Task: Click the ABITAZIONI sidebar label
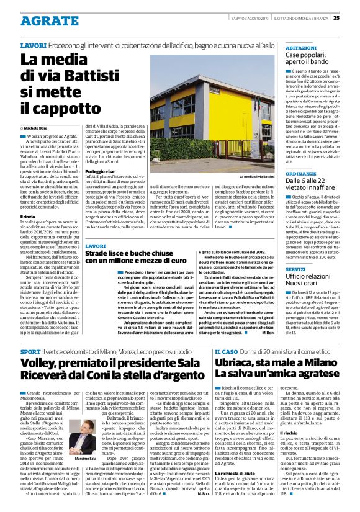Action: [x=301, y=47]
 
